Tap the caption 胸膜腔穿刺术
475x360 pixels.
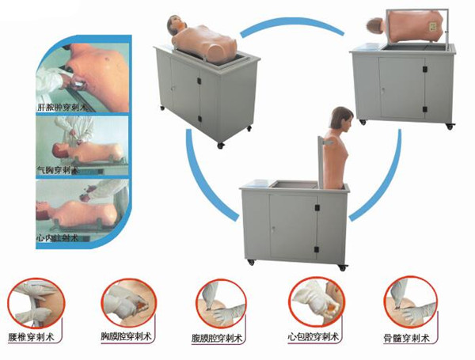click(127, 337)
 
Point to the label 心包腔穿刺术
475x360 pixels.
click(316, 336)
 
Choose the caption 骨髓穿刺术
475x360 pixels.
click(409, 336)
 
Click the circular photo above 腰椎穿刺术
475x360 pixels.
click(31, 300)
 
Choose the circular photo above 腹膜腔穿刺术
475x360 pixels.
click(218, 301)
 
